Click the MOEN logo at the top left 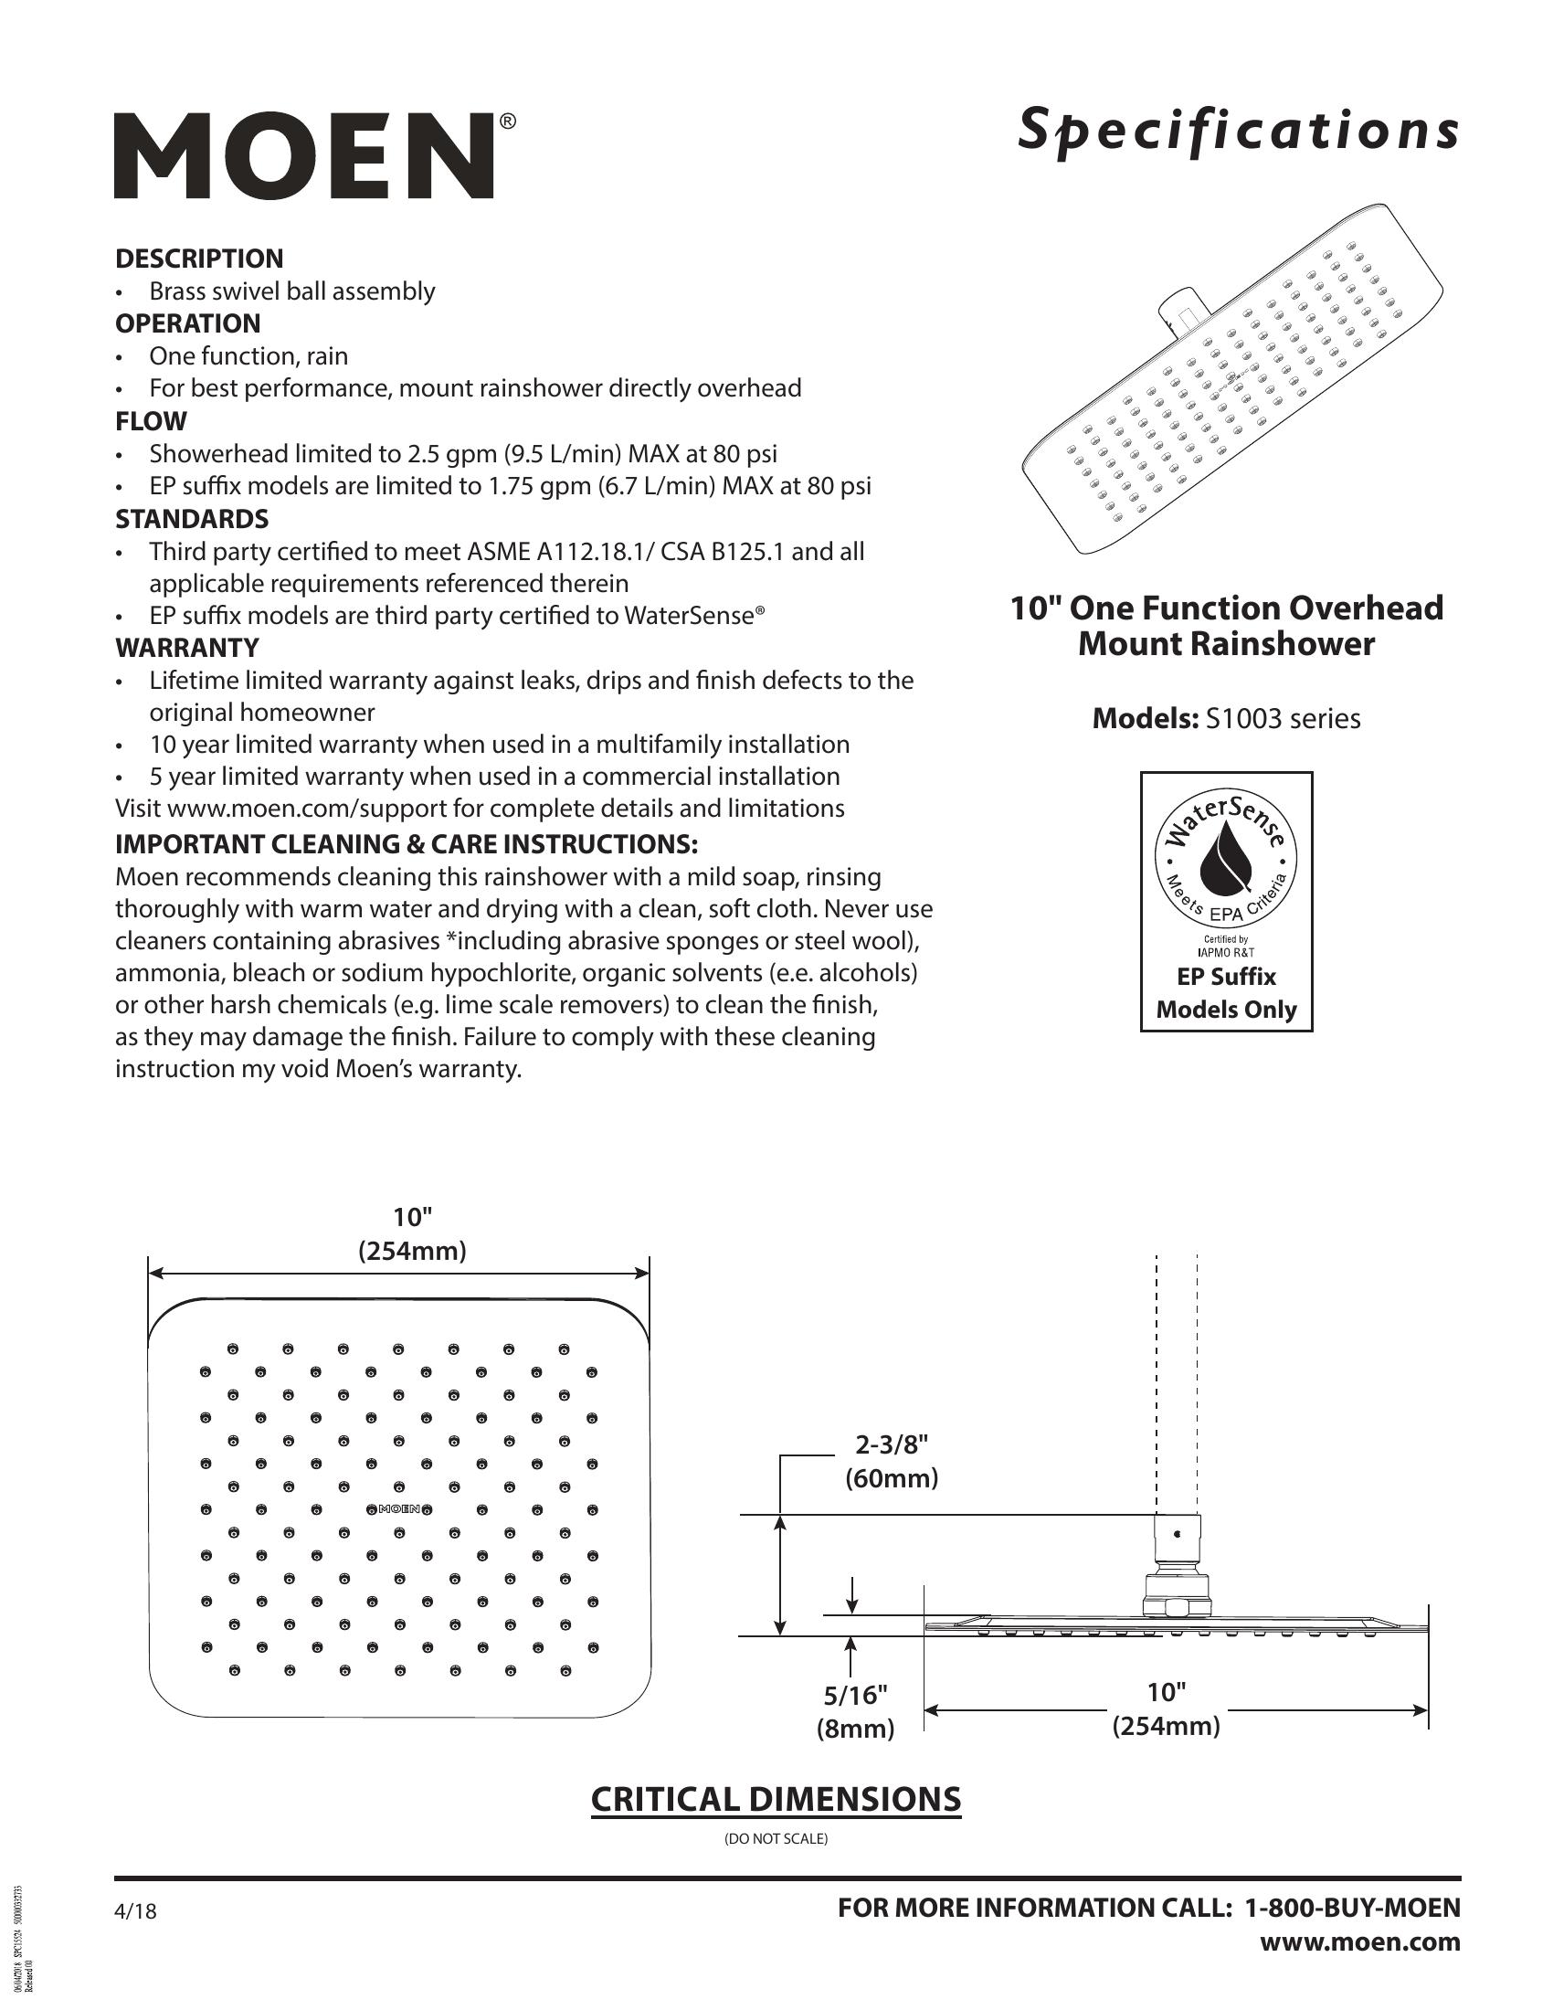[304, 155]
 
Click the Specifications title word [1238, 131]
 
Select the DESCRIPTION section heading [199, 259]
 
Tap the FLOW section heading [151, 421]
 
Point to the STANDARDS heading [191, 519]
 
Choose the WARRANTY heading [186, 648]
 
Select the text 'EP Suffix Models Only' [1225, 993]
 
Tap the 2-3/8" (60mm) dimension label [892, 1461]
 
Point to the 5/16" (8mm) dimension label [856, 1711]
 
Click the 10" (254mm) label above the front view [412, 1234]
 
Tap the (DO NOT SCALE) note [776, 1839]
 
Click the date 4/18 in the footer [135, 1911]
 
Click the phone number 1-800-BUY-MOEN [1351, 1907]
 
